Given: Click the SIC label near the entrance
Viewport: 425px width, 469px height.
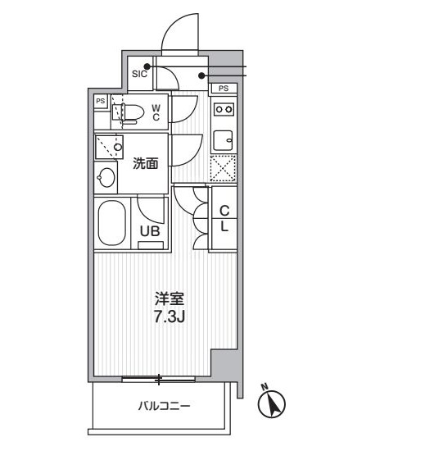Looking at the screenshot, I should pos(138,74).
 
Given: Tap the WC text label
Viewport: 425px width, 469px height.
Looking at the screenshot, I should pos(156,110).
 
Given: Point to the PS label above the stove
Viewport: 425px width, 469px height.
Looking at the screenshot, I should pos(224,88).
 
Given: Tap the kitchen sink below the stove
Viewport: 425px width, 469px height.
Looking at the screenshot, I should pos(224,138).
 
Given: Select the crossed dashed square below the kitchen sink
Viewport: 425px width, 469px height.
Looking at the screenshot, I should pos(223,168).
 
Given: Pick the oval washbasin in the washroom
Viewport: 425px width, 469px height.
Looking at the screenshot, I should pos(106,177).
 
